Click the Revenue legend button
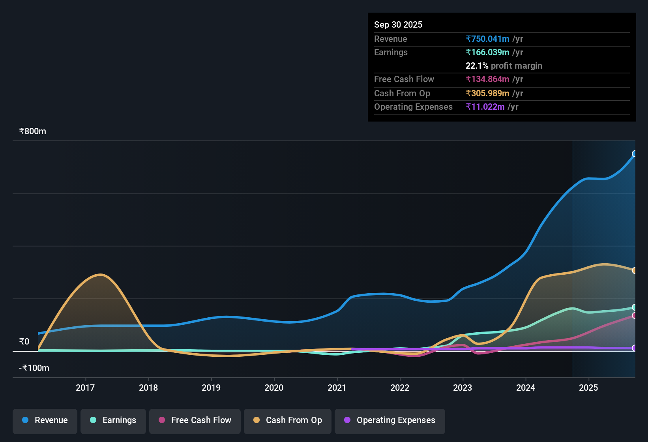tap(45, 420)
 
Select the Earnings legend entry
tap(113, 420)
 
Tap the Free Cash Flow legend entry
tap(195, 420)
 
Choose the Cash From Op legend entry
tap(288, 420)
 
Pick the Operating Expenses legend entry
tap(390, 420)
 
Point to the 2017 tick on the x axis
tap(85, 388)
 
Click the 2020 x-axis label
tap(274, 388)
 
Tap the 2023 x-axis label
tap(463, 388)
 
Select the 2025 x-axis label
tap(588, 388)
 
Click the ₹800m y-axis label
tap(33, 131)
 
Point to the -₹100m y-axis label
tap(34, 368)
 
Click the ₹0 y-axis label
tap(24, 342)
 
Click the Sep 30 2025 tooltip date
tap(398, 24)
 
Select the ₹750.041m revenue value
tap(488, 39)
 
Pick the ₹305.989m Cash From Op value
tap(488, 93)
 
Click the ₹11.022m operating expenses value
tap(485, 107)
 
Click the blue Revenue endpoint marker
tap(635, 154)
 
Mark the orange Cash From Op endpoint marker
tap(635, 270)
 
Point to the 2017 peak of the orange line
tap(101, 274)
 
